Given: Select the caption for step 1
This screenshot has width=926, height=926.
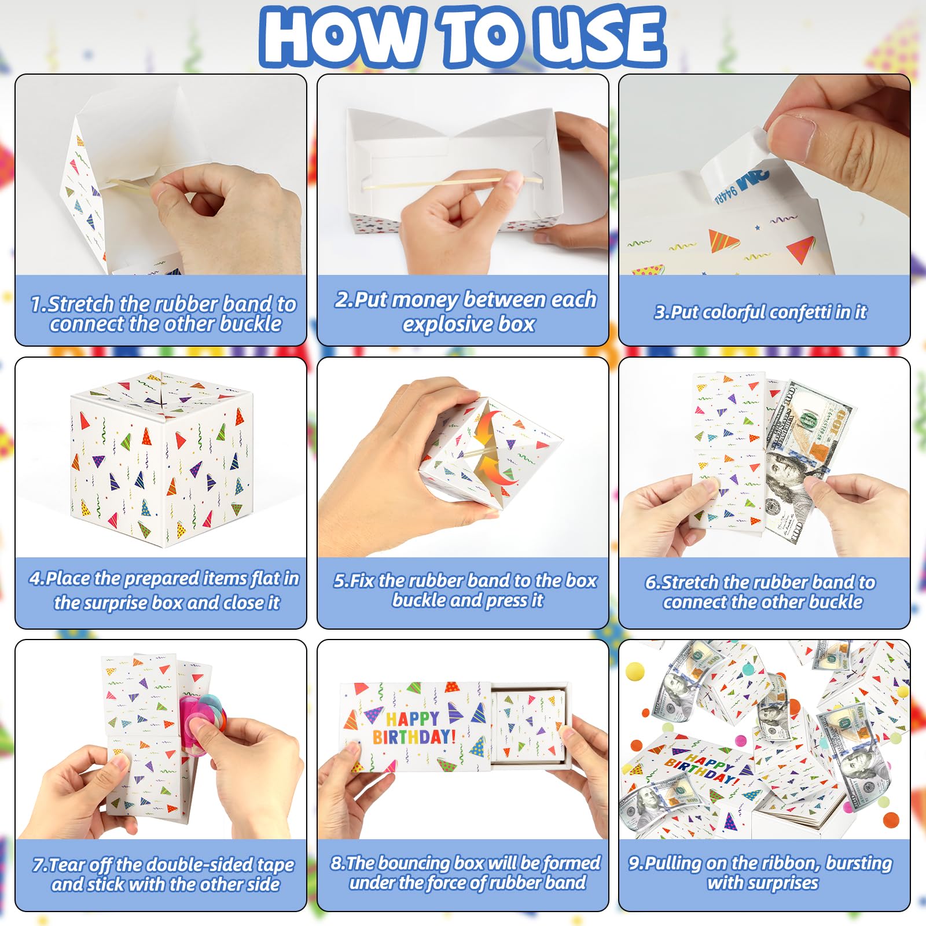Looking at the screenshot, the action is pyautogui.click(x=164, y=314).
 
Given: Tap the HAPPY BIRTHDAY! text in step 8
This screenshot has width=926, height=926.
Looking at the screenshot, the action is pyautogui.click(x=414, y=727).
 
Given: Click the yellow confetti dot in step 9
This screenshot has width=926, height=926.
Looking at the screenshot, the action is pyautogui.click(x=635, y=671).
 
